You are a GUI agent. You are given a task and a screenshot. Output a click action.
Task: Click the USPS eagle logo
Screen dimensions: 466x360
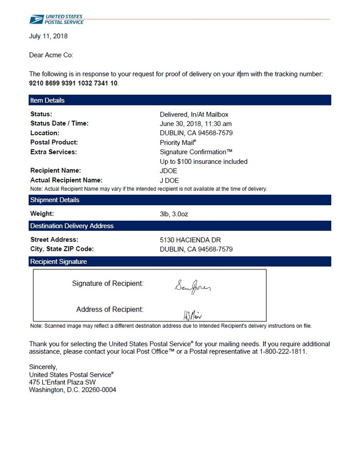pos(36,19)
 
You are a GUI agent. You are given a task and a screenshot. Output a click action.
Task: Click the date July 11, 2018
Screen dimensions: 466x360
pos(48,36)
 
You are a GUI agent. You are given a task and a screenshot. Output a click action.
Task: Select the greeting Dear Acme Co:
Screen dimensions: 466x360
pos(51,55)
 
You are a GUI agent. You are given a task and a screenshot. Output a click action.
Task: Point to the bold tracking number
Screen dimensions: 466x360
pos(73,83)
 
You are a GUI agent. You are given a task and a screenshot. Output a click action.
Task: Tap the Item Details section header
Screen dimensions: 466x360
pos(47,100)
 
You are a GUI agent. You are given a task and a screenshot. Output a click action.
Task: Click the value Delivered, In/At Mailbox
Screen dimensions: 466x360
pos(194,114)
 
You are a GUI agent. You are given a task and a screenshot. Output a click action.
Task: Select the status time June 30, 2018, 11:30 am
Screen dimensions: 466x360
pos(196,124)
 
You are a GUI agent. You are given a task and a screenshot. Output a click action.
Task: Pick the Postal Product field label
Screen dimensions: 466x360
pos(54,142)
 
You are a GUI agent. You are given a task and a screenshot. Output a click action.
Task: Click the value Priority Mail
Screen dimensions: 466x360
pos(178,142)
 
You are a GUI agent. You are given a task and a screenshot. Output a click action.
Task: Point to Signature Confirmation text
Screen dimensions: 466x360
pos(196,152)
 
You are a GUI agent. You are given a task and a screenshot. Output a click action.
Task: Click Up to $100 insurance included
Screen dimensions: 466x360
pos(203,162)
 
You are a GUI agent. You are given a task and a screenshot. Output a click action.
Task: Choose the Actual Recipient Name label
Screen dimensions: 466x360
pos(66,180)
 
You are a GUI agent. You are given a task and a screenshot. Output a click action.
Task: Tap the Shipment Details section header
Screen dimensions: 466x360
pos(55,200)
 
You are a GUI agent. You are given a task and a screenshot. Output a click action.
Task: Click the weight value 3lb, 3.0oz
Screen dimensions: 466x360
pos(174,214)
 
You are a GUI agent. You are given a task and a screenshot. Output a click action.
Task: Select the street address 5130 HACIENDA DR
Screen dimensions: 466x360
pos(191,240)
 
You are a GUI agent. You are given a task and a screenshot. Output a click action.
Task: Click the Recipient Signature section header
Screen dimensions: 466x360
pos(58,262)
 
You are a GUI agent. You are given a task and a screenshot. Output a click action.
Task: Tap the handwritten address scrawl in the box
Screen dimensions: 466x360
pos(192,314)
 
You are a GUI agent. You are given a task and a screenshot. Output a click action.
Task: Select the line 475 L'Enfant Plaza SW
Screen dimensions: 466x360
pos(62,382)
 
